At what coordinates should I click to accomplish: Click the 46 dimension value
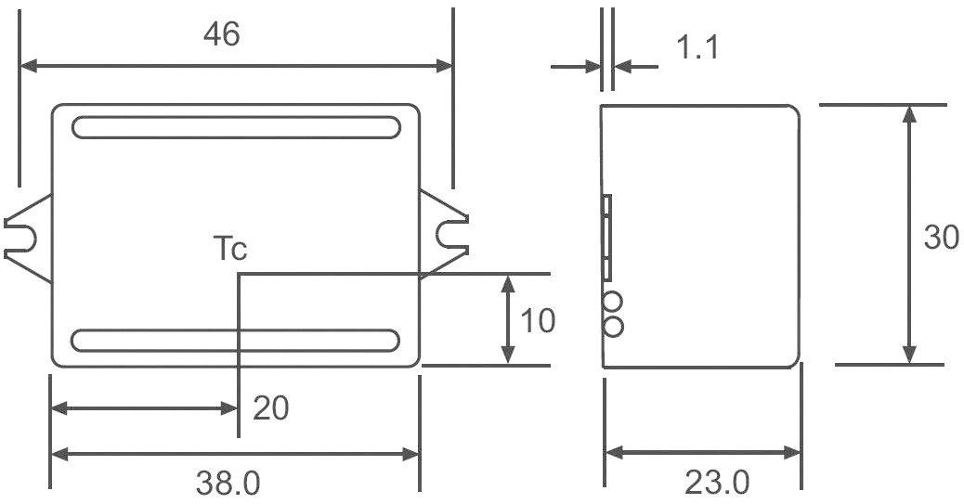[x=223, y=33]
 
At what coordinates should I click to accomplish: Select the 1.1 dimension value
[x=697, y=46]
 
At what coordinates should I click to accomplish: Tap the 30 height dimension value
[x=941, y=238]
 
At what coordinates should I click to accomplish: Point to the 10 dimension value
[x=538, y=321]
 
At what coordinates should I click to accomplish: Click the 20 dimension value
[x=271, y=407]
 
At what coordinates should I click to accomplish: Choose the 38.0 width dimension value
[x=228, y=483]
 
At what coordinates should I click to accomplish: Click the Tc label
[x=230, y=249]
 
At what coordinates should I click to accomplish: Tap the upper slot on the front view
[x=236, y=127]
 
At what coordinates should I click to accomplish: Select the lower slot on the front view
[x=236, y=341]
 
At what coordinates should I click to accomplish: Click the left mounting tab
[x=26, y=236]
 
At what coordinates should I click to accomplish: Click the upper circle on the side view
[x=613, y=303]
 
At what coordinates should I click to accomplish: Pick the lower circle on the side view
[x=613, y=326]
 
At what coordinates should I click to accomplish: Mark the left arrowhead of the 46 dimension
[x=28, y=66]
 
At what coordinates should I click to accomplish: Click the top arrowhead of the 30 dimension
[x=910, y=113]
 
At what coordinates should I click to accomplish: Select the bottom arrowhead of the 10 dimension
[x=508, y=355]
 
